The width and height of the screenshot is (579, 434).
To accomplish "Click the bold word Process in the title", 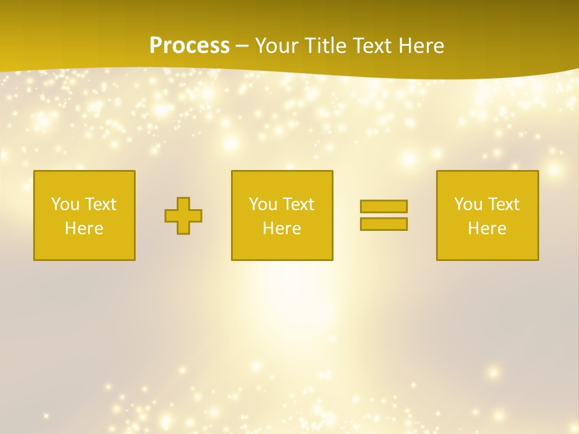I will coord(189,46).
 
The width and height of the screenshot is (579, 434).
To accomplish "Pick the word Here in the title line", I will coord(422,46).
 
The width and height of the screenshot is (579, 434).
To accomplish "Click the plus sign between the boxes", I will coord(183,216).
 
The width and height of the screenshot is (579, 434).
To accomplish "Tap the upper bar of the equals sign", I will coord(384,206).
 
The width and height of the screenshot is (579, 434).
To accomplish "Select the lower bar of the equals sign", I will coord(384,224).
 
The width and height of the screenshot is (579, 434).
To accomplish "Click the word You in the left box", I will coord(65,204).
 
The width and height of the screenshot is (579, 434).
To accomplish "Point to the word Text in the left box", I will coord(100,204).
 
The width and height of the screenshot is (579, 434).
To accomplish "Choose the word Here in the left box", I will coord(84,228).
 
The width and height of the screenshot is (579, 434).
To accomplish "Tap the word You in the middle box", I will coord(263,204).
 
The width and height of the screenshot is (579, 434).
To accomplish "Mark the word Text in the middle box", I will coord(298,204).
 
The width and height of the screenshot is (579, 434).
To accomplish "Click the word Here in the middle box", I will coord(282,228).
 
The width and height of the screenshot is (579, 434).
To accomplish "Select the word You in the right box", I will coord(468,204).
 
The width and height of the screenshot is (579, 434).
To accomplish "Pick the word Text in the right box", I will coord(503,204).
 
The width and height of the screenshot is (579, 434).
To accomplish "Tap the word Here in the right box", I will coord(487,228).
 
